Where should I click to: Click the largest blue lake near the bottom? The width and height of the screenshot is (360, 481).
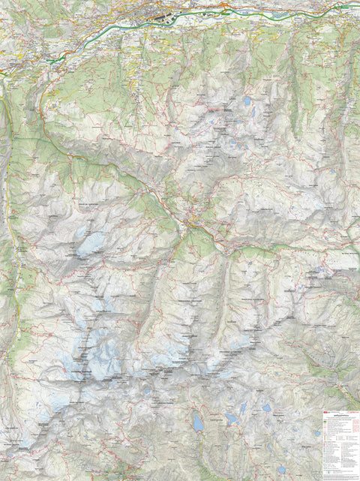[198, 422]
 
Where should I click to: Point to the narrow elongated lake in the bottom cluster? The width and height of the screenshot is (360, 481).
[241, 409]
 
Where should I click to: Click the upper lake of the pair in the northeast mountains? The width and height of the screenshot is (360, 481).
[247, 100]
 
